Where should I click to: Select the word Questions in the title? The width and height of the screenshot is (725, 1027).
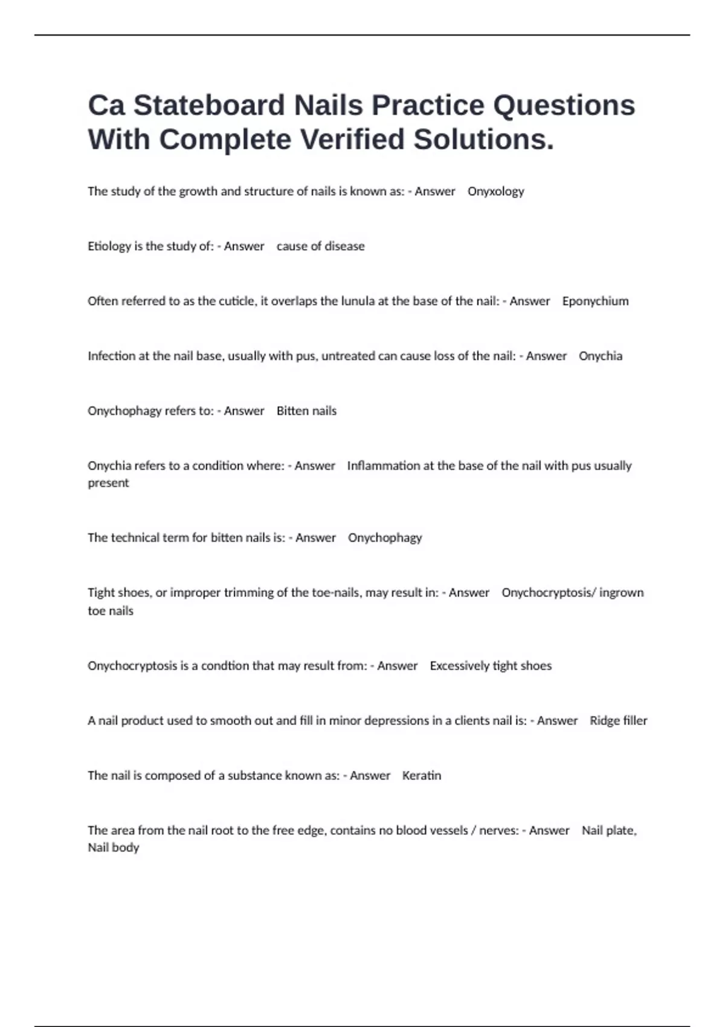coord(564,106)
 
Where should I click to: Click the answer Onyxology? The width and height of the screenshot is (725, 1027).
coord(495,192)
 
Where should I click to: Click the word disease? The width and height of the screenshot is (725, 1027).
coord(345,246)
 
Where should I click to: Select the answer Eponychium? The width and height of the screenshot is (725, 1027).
coord(595,301)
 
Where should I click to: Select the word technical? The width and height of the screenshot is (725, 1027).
coord(136,538)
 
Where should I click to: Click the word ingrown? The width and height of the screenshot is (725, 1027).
coord(622,593)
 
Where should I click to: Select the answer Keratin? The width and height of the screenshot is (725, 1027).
coord(422,776)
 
